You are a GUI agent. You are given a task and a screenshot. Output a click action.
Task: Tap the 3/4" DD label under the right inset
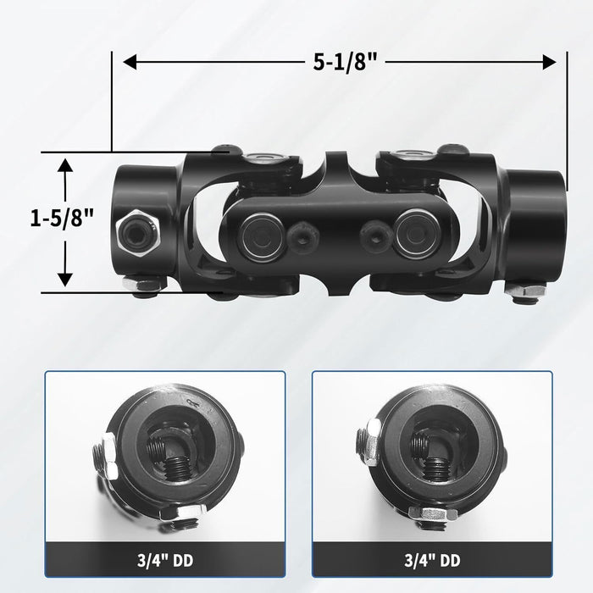(431, 560)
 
